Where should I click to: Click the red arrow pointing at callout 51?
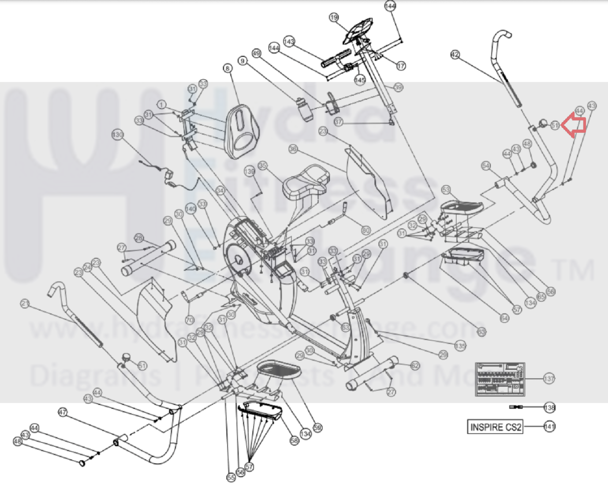(574, 125)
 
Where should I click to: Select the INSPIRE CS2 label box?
(495, 427)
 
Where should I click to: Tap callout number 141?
(549, 426)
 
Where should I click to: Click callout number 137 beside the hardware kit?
(549, 379)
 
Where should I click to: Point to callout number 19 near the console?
(334, 18)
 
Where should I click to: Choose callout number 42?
(455, 55)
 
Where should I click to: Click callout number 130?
(118, 135)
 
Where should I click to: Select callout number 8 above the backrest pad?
(228, 68)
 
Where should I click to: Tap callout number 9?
(242, 60)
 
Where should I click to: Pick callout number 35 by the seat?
(263, 166)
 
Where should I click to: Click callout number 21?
(25, 303)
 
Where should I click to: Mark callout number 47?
(63, 412)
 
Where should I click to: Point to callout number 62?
(415, 365)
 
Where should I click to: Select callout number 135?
(460, 346)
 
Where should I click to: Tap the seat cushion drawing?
(307, 182)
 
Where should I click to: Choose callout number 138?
(549, 407)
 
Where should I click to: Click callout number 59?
(317, 428)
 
